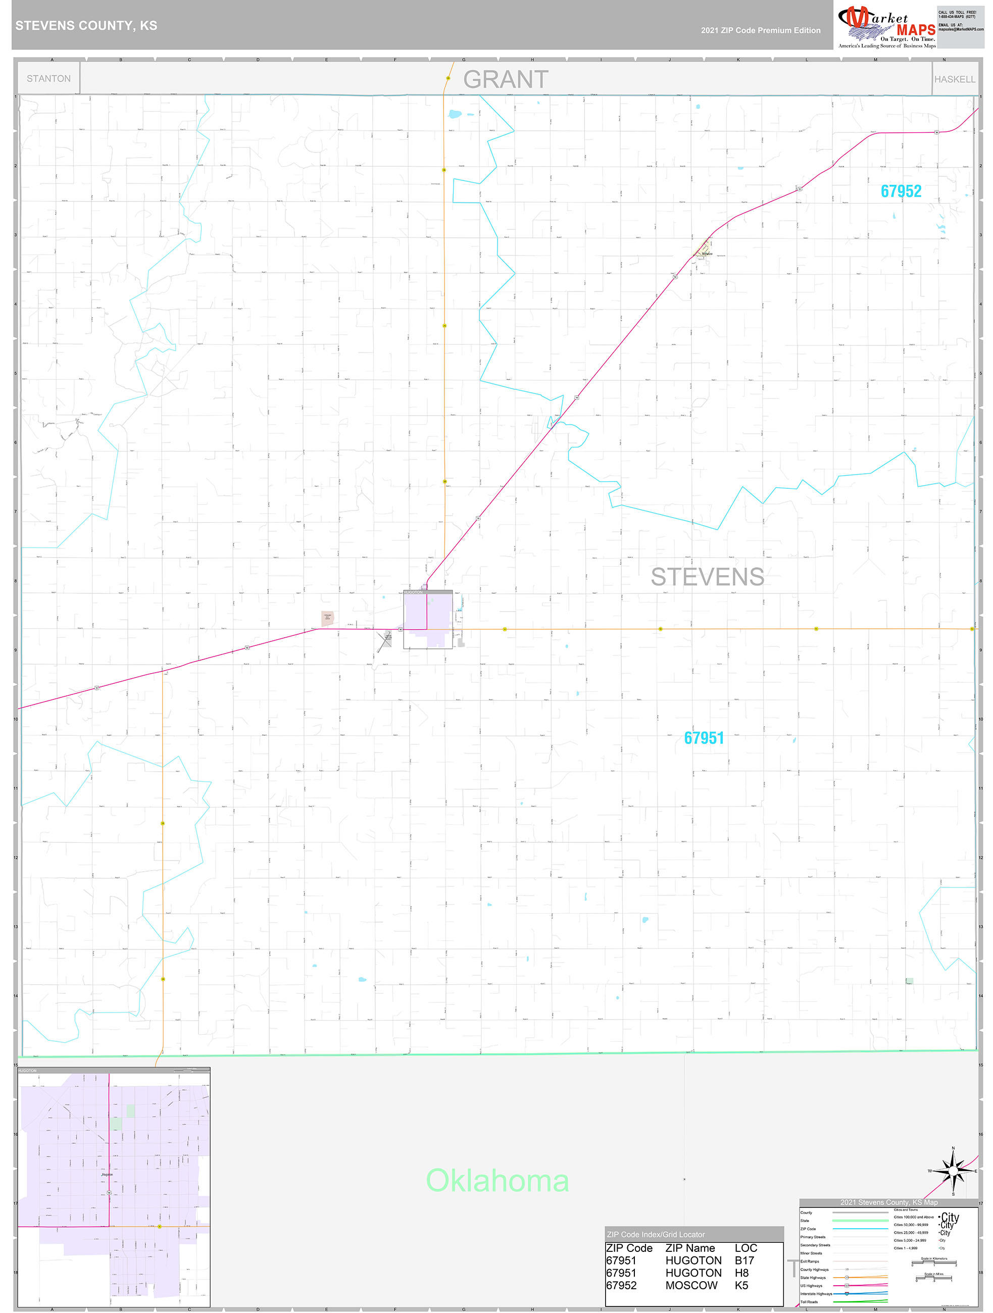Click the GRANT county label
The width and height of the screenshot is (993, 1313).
(505, 80)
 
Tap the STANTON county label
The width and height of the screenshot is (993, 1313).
(48, 78)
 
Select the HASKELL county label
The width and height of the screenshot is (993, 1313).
(955, 79)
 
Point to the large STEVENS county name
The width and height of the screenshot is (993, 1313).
(707, 577)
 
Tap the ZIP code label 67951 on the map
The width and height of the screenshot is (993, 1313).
(704, 738)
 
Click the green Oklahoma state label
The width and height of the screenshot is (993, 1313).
(498, 1181)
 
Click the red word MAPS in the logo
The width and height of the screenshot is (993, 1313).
(915, 30)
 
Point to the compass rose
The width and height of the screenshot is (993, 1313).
(953, 1171)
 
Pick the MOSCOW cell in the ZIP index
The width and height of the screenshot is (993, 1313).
(691, 1285)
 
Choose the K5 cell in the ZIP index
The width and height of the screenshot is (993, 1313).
(741, 1285)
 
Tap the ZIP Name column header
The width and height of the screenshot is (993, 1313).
(690, 1248)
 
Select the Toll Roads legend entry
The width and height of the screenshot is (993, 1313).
(809, 1302)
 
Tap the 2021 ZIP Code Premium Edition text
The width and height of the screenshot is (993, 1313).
(760, 30)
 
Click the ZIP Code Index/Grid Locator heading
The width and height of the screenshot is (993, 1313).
(655, 1235)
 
